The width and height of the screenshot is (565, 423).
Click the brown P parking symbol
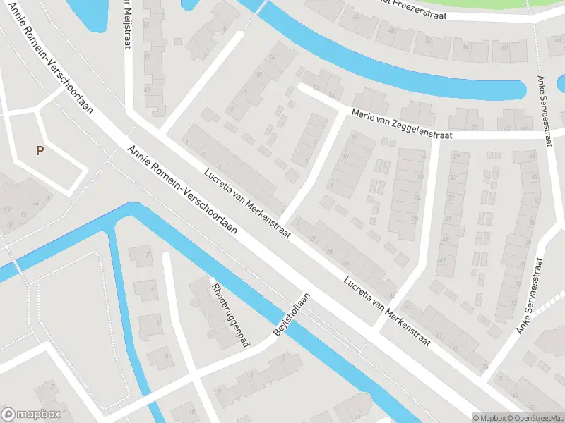[x=40, y=150]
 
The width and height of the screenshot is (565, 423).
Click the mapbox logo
[x=30, y=415]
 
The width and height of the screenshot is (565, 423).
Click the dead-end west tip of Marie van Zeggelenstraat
[x=302, y=87]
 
